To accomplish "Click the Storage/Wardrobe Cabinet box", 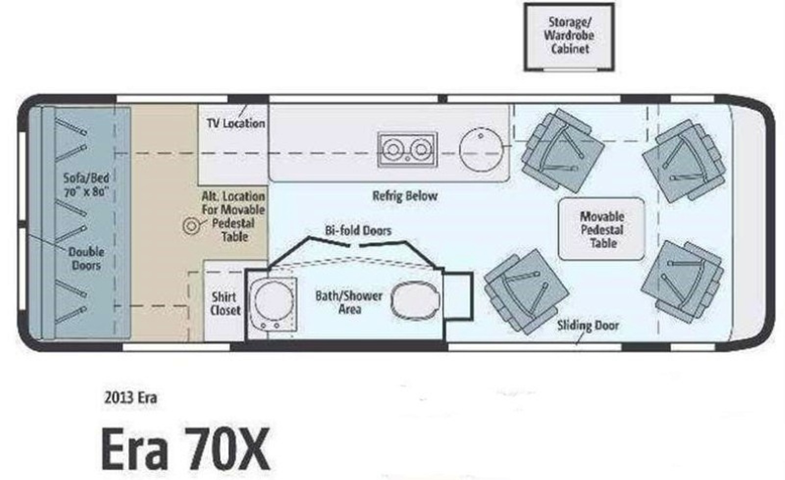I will [x=569, y=37].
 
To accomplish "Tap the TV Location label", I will [x=235, y=123].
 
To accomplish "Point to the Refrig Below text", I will [x=405, y=196].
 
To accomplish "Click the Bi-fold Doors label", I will [x=358, y=230].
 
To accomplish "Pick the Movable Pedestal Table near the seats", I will [x=602, y=229].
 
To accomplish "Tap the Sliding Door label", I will [x=588, y=325].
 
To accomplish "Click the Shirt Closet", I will [x=225, y=303].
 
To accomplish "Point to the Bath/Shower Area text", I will [x=349, y=302].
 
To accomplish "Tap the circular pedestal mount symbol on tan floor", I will [x=191, y=226].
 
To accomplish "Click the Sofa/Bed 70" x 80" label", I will [x=86, y=185].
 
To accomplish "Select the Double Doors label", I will [x=86, y=259].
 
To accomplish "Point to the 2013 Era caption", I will [x=131, y=397].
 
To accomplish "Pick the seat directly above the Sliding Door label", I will [x=526, y=291].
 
